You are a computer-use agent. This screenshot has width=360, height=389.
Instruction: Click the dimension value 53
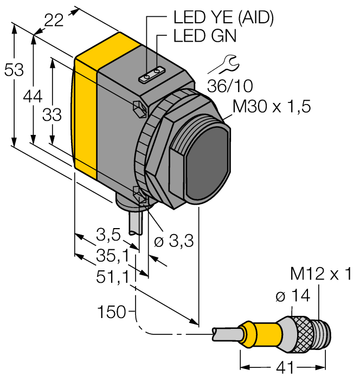tap(14, 69)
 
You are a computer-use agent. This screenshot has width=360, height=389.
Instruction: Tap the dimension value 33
tap(52, 115)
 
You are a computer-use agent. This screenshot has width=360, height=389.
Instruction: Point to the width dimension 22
tap(54, 20)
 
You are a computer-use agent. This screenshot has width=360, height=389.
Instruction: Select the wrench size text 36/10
tap(230, 86)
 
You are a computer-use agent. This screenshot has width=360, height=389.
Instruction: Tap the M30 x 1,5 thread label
tap(271, 107)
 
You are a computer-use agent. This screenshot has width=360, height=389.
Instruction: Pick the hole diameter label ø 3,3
tap(173, 242)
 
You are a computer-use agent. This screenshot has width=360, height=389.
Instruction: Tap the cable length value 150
tap(111, 312)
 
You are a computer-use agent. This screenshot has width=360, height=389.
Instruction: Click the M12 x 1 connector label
tap(320, 274)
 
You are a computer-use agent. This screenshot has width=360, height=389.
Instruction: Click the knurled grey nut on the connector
tap(301, 330)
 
